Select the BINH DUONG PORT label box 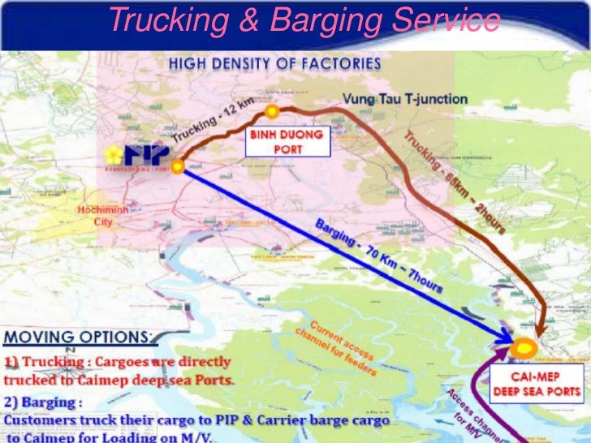pos(287,141)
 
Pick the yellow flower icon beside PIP pos(113,154)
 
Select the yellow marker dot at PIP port pos(176,169)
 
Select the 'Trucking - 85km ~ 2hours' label pos(455,182)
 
